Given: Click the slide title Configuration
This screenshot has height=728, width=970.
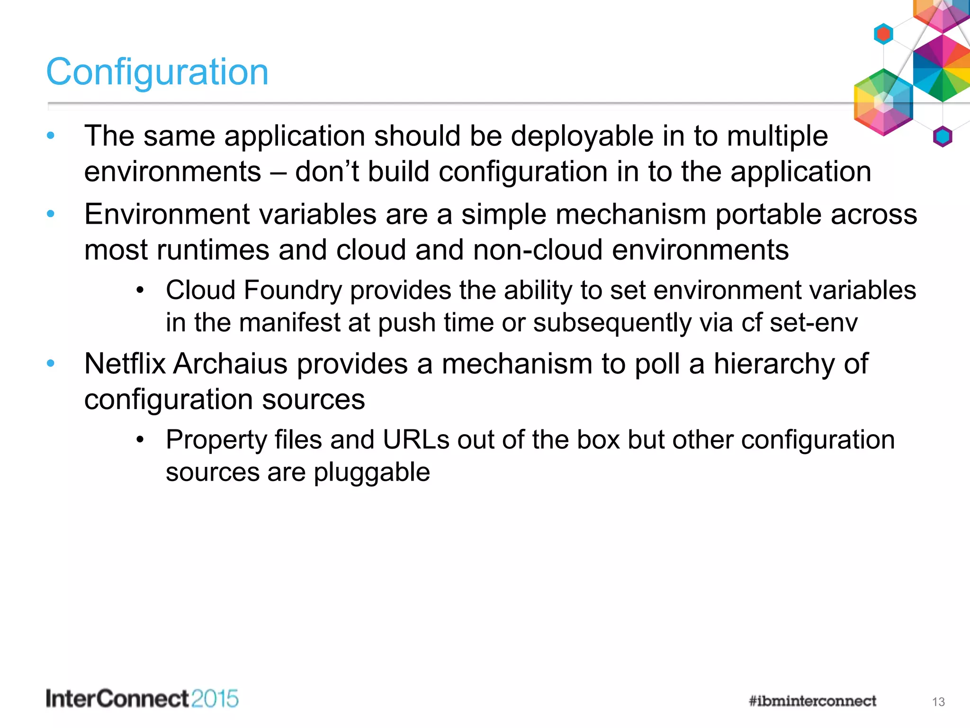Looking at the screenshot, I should tap(157, 72).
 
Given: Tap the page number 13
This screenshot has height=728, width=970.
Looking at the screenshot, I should tap(938, 702).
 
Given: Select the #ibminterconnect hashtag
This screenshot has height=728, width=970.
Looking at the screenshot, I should tap(812, 701).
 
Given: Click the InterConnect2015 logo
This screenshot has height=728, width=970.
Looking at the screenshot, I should tap(142, 699).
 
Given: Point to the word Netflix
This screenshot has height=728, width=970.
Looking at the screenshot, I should tap(125, 364).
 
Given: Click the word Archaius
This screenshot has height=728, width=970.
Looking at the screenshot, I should tap(231, 364).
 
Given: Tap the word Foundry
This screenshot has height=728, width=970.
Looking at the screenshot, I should tap(293, 290).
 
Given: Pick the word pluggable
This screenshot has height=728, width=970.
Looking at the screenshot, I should tap(372, 473).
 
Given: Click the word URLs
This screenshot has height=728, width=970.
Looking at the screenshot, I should tap(416, 439).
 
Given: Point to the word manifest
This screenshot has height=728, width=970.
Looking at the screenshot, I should tap(290, 323).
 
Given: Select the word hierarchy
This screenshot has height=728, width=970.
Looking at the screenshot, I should tap(780, 364).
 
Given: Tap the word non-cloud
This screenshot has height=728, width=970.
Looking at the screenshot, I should tap(538, 250).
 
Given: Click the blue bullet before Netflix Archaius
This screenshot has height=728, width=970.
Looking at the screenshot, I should tap(51, 364).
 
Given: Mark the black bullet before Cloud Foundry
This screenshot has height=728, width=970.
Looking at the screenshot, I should tap(140, 291).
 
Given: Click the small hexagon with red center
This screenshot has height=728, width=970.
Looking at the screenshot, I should tap(883, 34).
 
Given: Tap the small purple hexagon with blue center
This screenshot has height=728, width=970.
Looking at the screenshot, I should tap(942, 137).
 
